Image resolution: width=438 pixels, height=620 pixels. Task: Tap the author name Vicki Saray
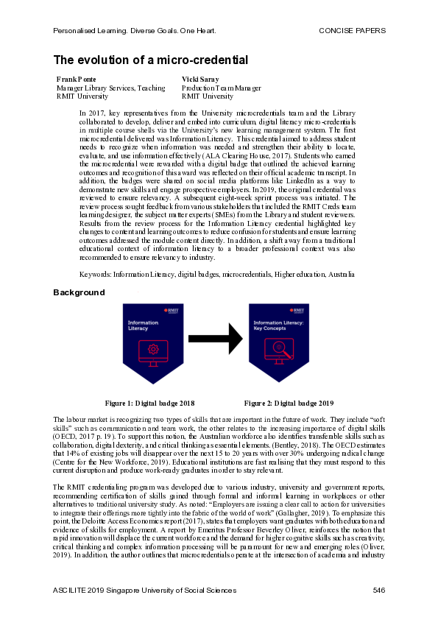pos(199,79)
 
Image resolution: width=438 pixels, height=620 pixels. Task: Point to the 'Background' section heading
pos(79,292)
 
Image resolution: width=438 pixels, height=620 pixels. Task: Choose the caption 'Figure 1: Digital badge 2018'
pos(149,404)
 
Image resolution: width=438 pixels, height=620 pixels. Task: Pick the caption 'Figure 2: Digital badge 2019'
pos(289,404)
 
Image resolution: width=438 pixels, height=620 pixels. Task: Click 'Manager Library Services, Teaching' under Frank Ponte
pos(110,88)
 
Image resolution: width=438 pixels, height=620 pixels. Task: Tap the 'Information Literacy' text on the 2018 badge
pos(143,326)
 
